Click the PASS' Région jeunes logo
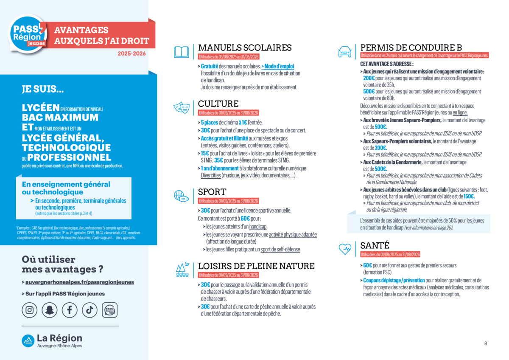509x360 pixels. (28, 33)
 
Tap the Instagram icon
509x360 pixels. (29, 310)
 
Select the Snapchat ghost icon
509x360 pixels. (50, 310)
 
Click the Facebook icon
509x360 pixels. (70, 310)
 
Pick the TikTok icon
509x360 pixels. (89, 310)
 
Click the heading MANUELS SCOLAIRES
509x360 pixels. (245, 48)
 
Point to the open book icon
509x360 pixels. (181, 52)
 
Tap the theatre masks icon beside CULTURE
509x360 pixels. (181, 107)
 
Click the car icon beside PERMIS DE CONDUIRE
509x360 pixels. (344, 52)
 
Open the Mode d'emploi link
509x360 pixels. (279, 66)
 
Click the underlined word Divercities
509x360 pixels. (211, 175)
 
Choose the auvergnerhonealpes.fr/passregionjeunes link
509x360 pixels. (79, 282)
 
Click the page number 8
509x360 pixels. (486, 343)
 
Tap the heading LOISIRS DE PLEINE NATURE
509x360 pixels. (256, 266)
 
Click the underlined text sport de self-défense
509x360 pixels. (280, 249)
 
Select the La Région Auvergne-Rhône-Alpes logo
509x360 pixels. (52, 340)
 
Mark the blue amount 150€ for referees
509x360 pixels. (469, 197)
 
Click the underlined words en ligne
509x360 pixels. (460, 112)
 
